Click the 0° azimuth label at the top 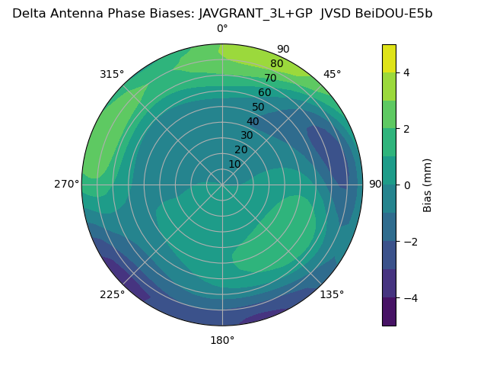[x=222, y=29]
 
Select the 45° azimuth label [x=332, y=74]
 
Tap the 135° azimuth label [x=332, y=294]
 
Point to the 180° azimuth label [x=222, y=340]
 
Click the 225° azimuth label [x=112, y=294]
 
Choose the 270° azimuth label [x=67, y=184]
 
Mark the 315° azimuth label [x=112, y=74]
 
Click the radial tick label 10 [x=234, y=164]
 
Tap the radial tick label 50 [x=259, y=108]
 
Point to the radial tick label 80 [x=276, y=64]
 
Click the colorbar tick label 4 [x=407, y=72]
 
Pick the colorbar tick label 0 [x=407, y=185]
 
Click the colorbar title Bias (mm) [x=428, y=185]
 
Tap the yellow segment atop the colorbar [x=389, y=58]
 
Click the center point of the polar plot [x=222, y=185]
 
